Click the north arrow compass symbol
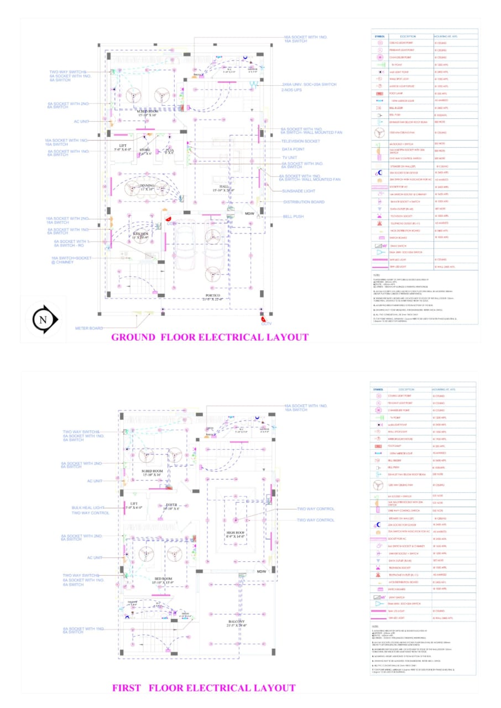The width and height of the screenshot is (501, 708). point(43,320)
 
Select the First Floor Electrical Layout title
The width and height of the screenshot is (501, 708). point(203,688)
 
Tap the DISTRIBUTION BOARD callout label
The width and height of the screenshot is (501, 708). point(304,202)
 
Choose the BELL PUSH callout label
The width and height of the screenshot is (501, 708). point(293,217)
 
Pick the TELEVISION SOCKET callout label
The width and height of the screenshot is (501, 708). point(301,141)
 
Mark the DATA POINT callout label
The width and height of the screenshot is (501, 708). point(293,149)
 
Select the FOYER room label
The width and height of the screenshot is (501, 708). point(171,504)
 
